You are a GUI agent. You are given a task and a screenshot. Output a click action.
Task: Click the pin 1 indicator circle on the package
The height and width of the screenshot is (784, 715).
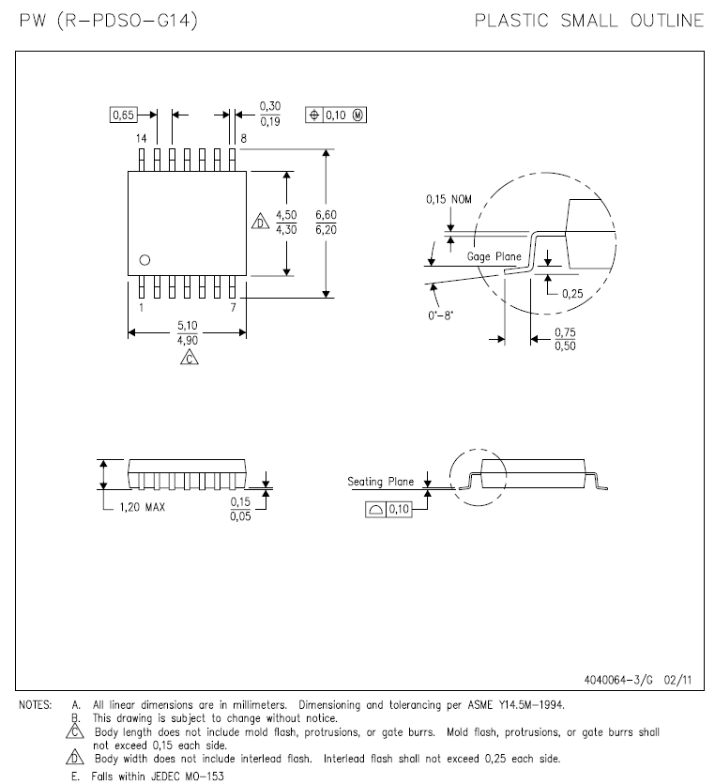tap(145, 260)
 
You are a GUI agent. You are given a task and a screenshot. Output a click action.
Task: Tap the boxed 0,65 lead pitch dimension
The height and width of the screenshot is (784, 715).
tap(124, 115)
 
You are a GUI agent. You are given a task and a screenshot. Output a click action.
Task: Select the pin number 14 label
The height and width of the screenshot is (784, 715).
tap(142, 139)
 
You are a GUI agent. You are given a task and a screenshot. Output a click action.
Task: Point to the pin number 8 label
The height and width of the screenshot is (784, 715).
tap(243, 139)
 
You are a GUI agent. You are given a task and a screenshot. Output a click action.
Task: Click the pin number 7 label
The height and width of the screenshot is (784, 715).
tap(233, 308)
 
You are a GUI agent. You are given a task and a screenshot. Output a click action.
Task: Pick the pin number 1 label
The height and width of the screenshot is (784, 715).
tap(142, 308)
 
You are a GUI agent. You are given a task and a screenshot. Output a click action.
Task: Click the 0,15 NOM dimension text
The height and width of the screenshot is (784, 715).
tap(449, 199)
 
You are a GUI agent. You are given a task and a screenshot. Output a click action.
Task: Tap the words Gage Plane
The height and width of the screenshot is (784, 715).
tap(494, 256)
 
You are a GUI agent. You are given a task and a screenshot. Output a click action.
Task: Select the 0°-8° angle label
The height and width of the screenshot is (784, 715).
tap(441, 315)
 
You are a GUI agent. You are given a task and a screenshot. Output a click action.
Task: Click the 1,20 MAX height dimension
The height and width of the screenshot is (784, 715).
tap(142, 507)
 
